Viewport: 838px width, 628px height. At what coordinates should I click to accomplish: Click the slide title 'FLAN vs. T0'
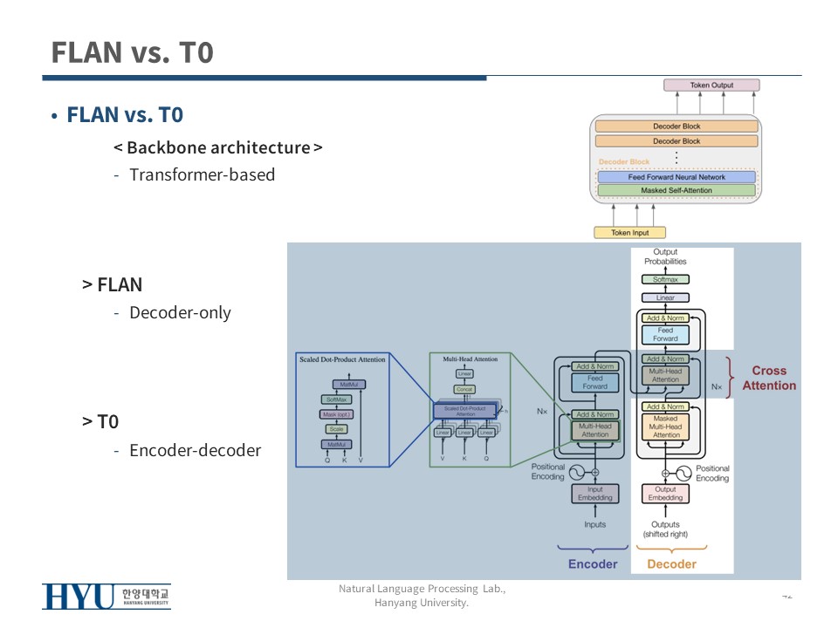pos(132,52)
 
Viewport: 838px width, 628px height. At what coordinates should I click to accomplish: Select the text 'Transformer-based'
pos(202,174)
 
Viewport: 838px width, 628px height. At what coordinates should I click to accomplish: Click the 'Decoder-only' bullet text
pos(180,312)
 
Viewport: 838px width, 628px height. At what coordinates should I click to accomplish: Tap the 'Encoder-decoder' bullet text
pos(195,450)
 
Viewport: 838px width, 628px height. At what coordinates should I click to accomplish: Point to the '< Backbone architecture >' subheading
pos(217,147)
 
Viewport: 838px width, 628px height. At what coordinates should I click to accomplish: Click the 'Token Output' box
pos(711,85)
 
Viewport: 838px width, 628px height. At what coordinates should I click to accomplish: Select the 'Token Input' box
pos(630,233)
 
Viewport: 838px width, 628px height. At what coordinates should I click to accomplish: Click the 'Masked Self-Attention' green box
pos(677,190)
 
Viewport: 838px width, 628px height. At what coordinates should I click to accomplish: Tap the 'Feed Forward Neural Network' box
pos(677,177)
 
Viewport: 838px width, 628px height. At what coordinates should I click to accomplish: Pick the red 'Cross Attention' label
pos(769,378)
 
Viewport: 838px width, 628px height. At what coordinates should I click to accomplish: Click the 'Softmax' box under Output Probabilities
pos(665,280)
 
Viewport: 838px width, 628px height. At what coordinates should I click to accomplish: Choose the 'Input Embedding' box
pos(595,494)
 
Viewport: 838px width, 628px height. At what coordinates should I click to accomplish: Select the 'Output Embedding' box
pos(665,494)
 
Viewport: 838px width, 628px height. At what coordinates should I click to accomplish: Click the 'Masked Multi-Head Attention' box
pos(665,427)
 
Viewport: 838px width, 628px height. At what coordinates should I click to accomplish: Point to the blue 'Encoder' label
pos(593,564)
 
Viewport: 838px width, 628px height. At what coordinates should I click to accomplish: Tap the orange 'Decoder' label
pos(671,564)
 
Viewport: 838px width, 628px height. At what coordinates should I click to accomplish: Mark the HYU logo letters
pos(79,597)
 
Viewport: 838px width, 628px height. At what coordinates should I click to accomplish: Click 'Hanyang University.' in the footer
pos(422,603)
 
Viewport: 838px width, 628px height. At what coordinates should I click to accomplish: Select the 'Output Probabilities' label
pos(665,256)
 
